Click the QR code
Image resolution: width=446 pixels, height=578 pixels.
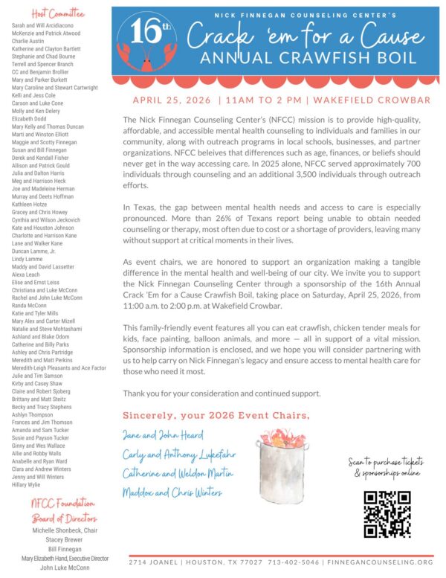[x=387, y=514]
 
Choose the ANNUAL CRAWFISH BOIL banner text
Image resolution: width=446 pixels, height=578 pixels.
[x=285, y=57]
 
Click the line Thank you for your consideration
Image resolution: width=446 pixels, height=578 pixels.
[x=222, y=394]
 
